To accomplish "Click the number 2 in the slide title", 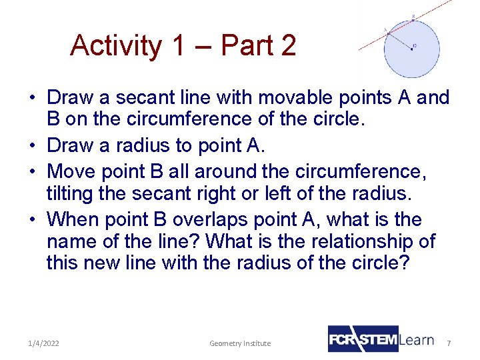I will tap(288, 45).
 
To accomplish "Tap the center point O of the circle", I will tap(412, 48).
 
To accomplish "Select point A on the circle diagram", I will tap(389, 32).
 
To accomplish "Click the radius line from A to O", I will tap(400, 40).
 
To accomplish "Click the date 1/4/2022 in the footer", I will tap(43, 343).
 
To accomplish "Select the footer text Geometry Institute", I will tap(240, 343).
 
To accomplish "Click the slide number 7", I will tap(449, 343).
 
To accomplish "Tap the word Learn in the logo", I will tap(417, 339).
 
